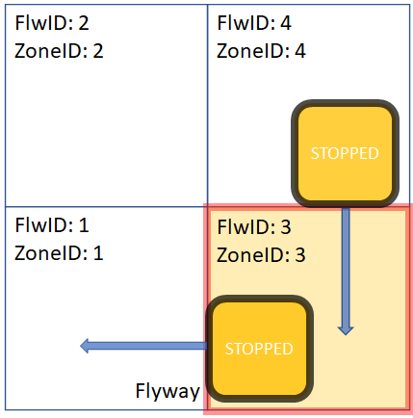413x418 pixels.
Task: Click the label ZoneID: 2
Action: [x=61, y=50]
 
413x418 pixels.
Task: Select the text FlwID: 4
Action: [x=254, y=23]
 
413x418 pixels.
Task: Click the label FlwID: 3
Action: [x=254, y=228]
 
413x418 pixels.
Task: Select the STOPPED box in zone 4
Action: [x=345, y=153]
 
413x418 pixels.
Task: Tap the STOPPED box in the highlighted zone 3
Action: [x=258, y=349]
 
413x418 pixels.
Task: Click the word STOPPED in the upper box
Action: [x=345, y=153]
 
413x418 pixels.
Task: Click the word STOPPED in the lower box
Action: [x=258, y=349]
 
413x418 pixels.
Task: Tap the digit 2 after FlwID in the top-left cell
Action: [x=84, y=23]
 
